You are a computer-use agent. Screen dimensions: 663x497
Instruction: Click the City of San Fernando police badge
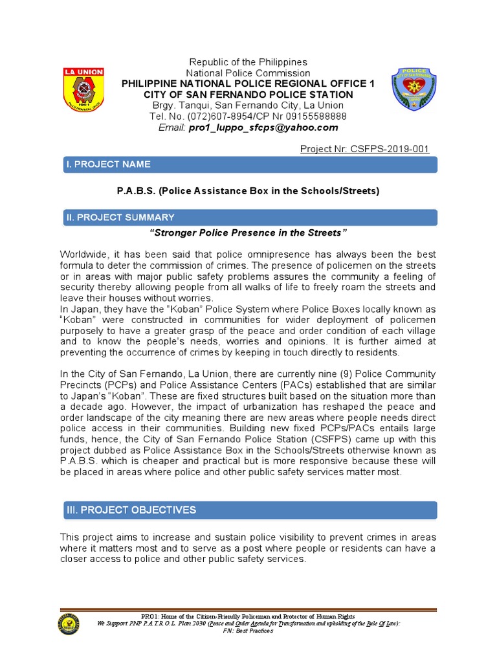(x=414, y=89)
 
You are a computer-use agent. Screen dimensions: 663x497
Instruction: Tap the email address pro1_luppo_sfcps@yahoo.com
(x=263, y=128)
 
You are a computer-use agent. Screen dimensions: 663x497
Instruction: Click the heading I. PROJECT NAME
(x=108, y=164)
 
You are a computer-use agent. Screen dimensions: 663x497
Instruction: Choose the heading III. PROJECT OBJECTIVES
(x=131, y=510)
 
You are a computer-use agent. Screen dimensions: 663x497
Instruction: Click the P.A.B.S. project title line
(x=248, y=191)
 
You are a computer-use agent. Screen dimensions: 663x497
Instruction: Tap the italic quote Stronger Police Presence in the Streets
(x=248, y=232)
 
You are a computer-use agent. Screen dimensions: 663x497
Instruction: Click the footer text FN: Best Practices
(x=248, y=631)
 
